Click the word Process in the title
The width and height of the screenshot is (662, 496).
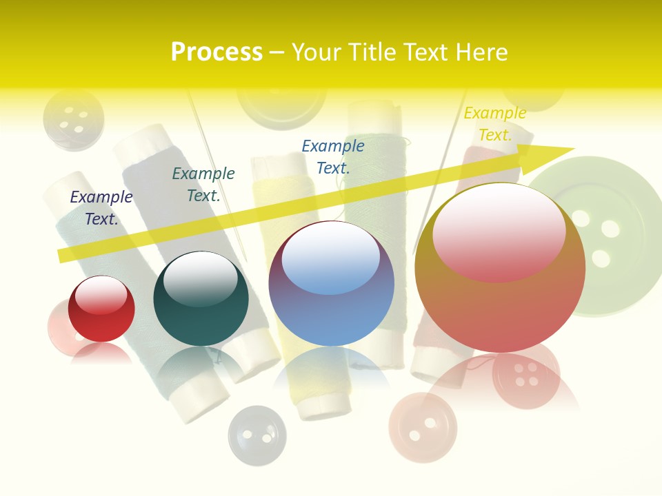click(217, 52)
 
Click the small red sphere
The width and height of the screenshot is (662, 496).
click(101, 310)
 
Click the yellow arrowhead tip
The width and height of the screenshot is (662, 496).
click(570, 149)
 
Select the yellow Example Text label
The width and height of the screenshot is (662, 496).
click(495, 124)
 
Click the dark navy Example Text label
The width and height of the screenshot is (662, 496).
click(101, 208)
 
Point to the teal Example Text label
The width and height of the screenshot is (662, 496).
click(203, 185)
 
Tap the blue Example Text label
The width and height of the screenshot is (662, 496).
click(333, 156)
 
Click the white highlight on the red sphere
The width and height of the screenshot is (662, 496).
click(101, 296)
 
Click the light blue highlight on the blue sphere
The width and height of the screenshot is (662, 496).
click(331, 258)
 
